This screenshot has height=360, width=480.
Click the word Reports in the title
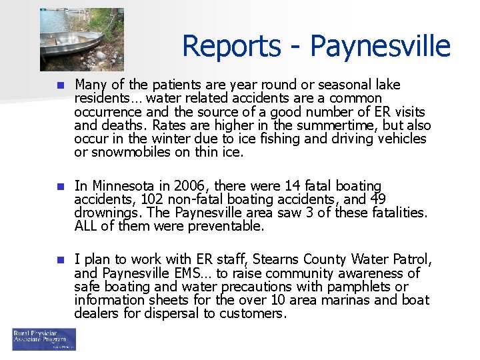tap(223, 46)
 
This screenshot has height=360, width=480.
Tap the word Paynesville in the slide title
tap(380, 46)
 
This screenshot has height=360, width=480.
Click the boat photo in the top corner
tap(81, 39)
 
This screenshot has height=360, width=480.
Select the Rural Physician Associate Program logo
tap(44, 339)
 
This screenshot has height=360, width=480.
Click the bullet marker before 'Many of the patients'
tap(59, 85)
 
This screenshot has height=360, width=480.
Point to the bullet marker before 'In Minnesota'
tap(59, 186)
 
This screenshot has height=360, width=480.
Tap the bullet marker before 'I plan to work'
tap(59, 259)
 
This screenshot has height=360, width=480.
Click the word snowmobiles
tap(124, 152)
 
